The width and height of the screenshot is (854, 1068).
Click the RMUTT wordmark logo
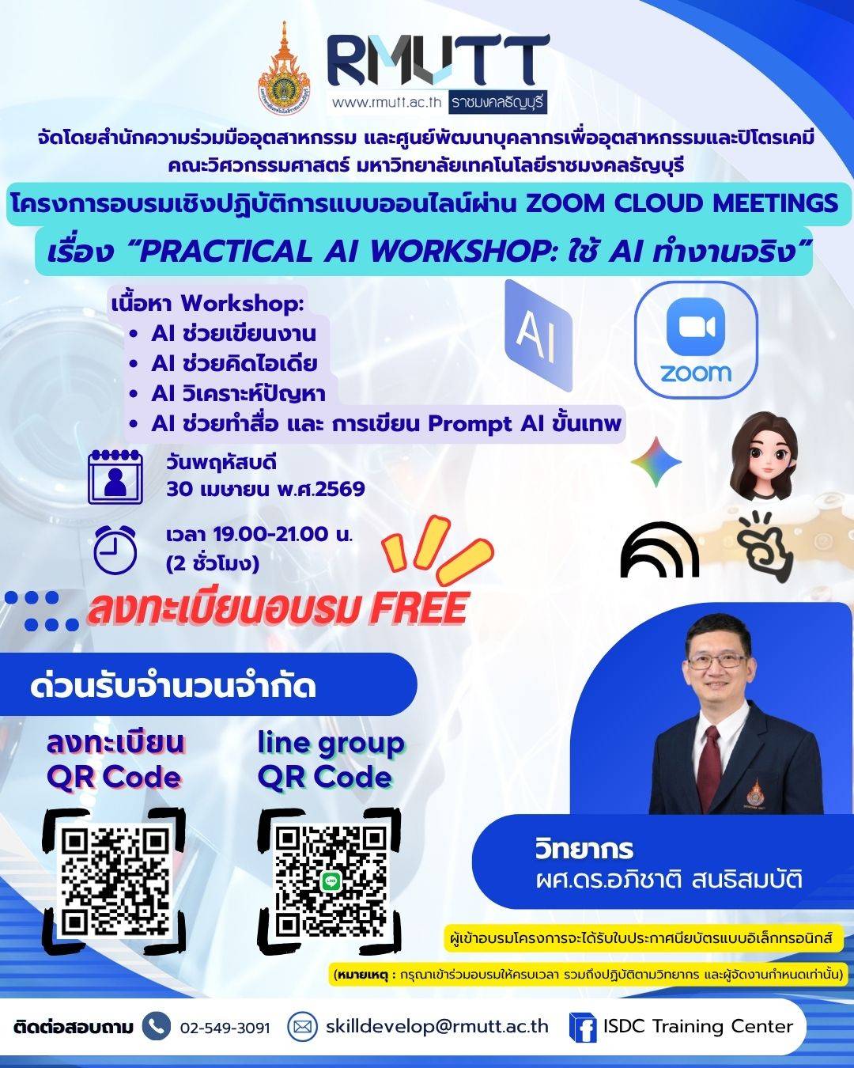pyautogui.click(x=437, y=60)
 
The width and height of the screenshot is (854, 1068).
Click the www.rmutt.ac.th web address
pyautogui.click(x=386, y=102)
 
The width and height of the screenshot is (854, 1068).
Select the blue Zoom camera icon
pyautogui.click(x=695, y=328)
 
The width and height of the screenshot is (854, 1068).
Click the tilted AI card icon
pyautogui.click(x=538, y=335)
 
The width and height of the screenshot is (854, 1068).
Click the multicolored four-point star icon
pyautogui.click(x=656, y=461)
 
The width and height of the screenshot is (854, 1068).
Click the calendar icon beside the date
pyautogui.click(x=115, y=476)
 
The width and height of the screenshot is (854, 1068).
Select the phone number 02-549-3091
pyautogui.click(x=225, y=1028)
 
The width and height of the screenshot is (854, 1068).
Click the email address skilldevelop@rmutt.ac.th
pyautogui.click(x=436, y=1026)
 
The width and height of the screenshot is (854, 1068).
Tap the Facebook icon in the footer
pyautogui.click(x=583, y=1028)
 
